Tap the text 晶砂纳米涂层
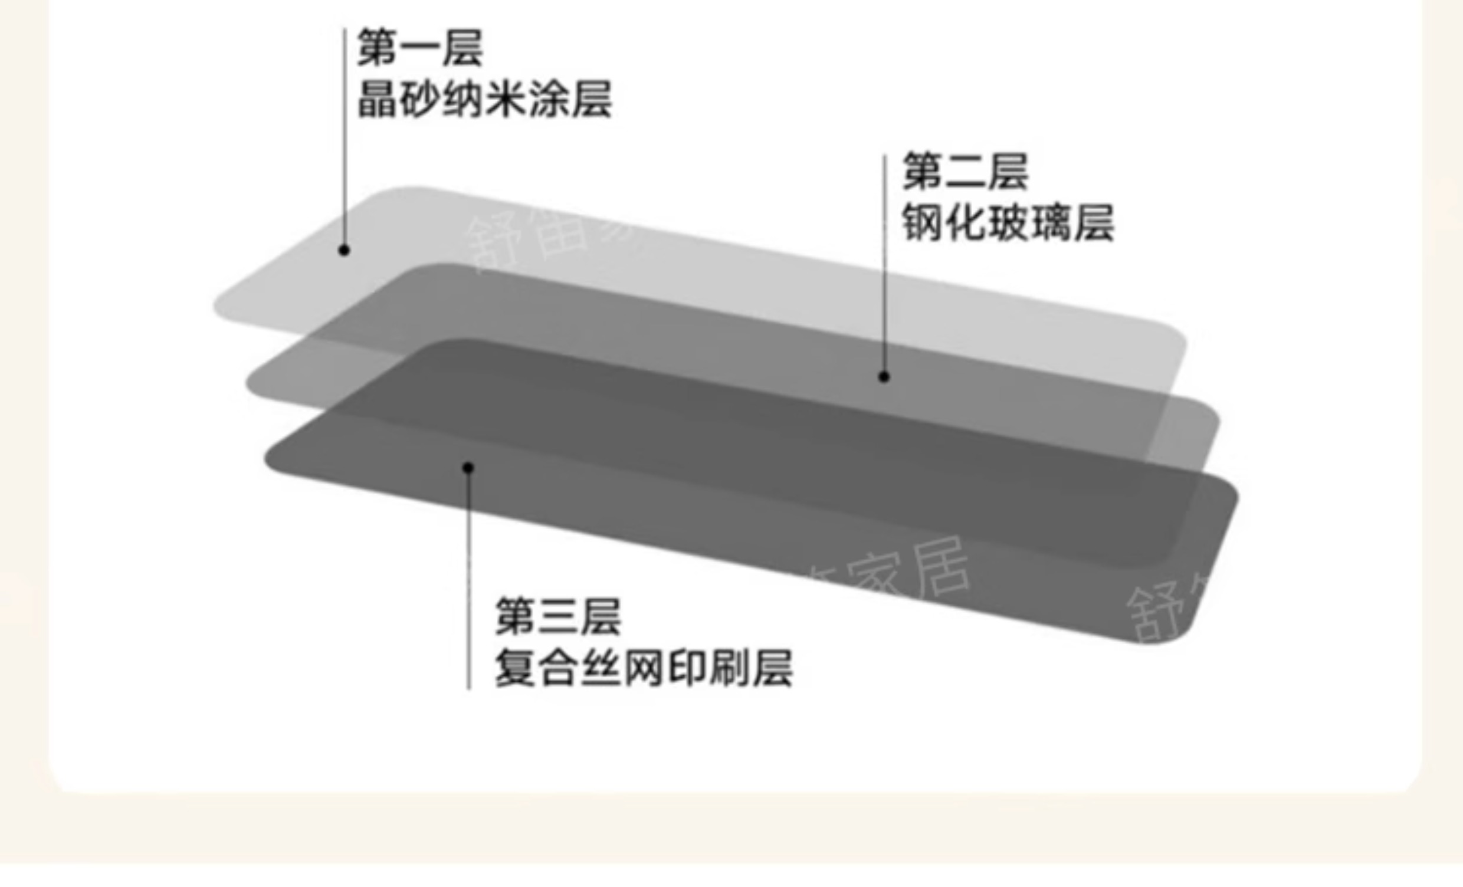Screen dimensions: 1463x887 (x=484, y=99)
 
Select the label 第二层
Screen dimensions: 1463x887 (x=965, y=172)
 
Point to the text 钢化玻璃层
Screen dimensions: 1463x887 (x=1008, y=224)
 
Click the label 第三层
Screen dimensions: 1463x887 (x=558, y=616)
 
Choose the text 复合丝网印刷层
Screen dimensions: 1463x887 (x=644, y=669)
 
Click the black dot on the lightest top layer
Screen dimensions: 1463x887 (x=344, y=251)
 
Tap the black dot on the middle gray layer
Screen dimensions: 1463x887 (x=884, y=376)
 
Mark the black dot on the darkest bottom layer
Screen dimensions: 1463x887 (x=468, y=468)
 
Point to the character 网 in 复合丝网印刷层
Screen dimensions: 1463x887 (x=644, y=669)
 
